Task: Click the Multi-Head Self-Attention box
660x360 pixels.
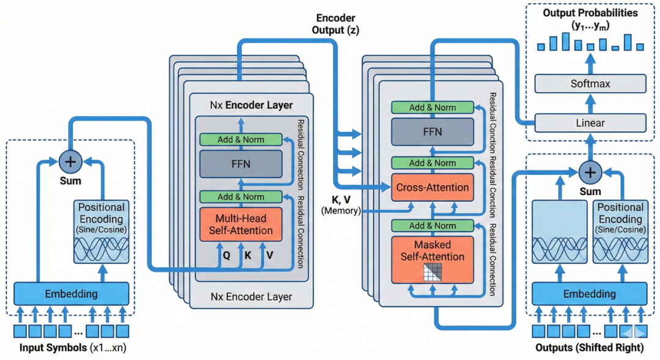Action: pos(241,224)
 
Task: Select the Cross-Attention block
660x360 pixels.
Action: pos(433,187)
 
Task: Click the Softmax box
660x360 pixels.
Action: pos(590,83)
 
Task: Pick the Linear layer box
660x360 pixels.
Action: pos(590,123)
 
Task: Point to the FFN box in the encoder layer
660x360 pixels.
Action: pos(241,164)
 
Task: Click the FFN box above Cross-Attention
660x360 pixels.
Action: pos(433,131)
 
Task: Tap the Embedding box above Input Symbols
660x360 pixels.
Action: pos(71,294)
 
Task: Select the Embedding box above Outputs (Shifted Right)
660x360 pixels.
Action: pos(590,294)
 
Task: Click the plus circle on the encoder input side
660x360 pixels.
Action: pos(71,162)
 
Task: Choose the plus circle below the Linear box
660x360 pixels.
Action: pos(590,172)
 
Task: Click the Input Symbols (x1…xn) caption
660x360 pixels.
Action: pos(72,348)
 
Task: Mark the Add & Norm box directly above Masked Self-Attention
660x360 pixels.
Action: pos(433,226)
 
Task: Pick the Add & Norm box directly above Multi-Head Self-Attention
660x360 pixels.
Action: pos(241,197)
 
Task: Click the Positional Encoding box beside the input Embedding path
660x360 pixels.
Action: pos(102,232)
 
